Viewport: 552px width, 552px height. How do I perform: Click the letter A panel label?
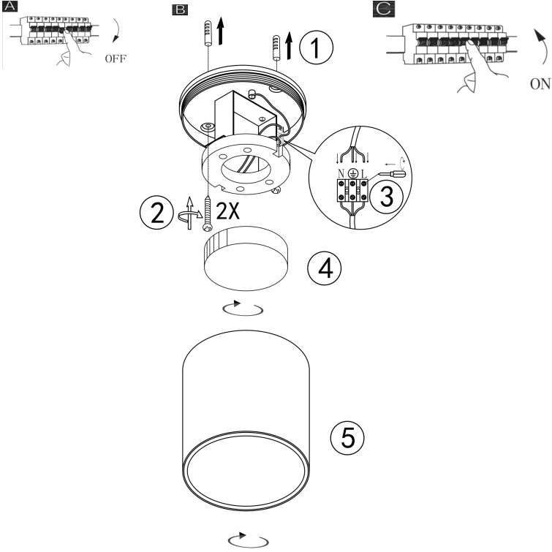pyautogui.click(x=10, y=7)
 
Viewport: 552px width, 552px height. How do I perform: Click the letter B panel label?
pyautogui.click(x=180, y=10)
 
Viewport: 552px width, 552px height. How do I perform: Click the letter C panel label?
pyautogui.click(x=384, y=9)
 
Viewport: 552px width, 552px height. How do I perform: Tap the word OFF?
pyautogui.click(x=115, y=58)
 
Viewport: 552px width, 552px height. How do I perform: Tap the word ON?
pyautogui.click(x=540, y=84)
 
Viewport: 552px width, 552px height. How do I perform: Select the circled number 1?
pyautogui.click(x=316, y=48)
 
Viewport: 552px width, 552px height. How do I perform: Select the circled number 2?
pyautogui.click(x=156, y=212)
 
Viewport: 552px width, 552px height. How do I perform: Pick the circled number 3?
pyautogui.click(x=387, y=196)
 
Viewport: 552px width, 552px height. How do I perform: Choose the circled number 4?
pyautogui.click(x=324, y=268)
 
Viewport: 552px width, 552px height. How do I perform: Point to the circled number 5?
pyautogui.click(x=347, y=438)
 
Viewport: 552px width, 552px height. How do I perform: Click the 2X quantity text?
pyautogui.click(x=227, y=211)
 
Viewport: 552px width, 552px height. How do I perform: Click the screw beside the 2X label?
pyautogui.click(x=208, y=213)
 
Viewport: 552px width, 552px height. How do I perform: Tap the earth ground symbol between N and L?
pyautogui.click(x=352, y=173)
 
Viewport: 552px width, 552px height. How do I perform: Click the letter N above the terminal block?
pyautogui.click(x=341, y=173)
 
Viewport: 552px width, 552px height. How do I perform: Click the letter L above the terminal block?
pyautogui.click(x=363, y=173)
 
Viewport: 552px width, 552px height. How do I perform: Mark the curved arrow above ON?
pyautogui.click(x=543, y=46)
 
